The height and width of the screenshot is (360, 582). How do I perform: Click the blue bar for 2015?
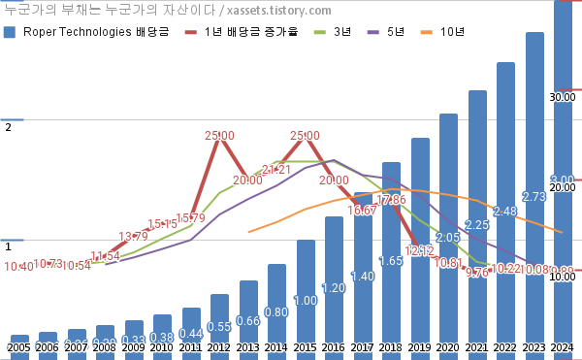[306, 291]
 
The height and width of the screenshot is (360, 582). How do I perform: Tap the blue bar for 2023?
[533, 194]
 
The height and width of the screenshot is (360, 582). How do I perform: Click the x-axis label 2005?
[19, 347]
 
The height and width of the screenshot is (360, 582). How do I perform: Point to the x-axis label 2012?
[219, 347]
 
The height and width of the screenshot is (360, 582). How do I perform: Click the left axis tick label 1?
[8, 247]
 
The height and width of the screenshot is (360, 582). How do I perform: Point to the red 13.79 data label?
[134, 237]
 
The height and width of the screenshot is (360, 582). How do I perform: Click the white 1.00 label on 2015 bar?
[306, 301]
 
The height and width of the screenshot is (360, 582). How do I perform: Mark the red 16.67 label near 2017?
[362, 211]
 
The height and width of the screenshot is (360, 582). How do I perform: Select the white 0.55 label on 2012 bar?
[219, 327]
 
